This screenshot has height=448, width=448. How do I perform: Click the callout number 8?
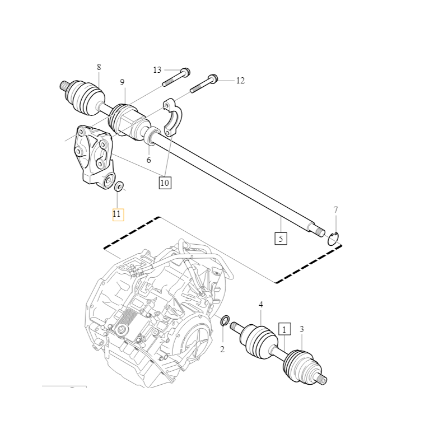tap(99, 67)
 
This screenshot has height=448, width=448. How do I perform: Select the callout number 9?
tap(122, 82)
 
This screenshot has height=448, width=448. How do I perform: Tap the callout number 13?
tap(157, 70)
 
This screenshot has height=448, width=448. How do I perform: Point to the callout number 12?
tap(240, 81)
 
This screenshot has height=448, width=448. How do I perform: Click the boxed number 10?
tap(165, 183)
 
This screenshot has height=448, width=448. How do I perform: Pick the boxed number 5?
tap(281, 239)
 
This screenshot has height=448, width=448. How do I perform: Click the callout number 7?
tap(335, 209)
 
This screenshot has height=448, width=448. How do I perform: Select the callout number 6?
tap(148, 160)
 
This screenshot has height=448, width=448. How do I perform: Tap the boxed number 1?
tap(284, 330)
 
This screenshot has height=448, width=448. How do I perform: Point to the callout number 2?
tap(222, 349)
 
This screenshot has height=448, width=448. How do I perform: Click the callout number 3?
tap(302, 329)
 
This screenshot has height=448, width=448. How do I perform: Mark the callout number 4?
tap(261, 305)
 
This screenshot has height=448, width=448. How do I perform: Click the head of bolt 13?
tap(185, 72)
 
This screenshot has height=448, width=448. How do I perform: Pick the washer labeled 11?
tap(119, 186)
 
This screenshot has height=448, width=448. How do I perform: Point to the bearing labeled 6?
tap(151, 136)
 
